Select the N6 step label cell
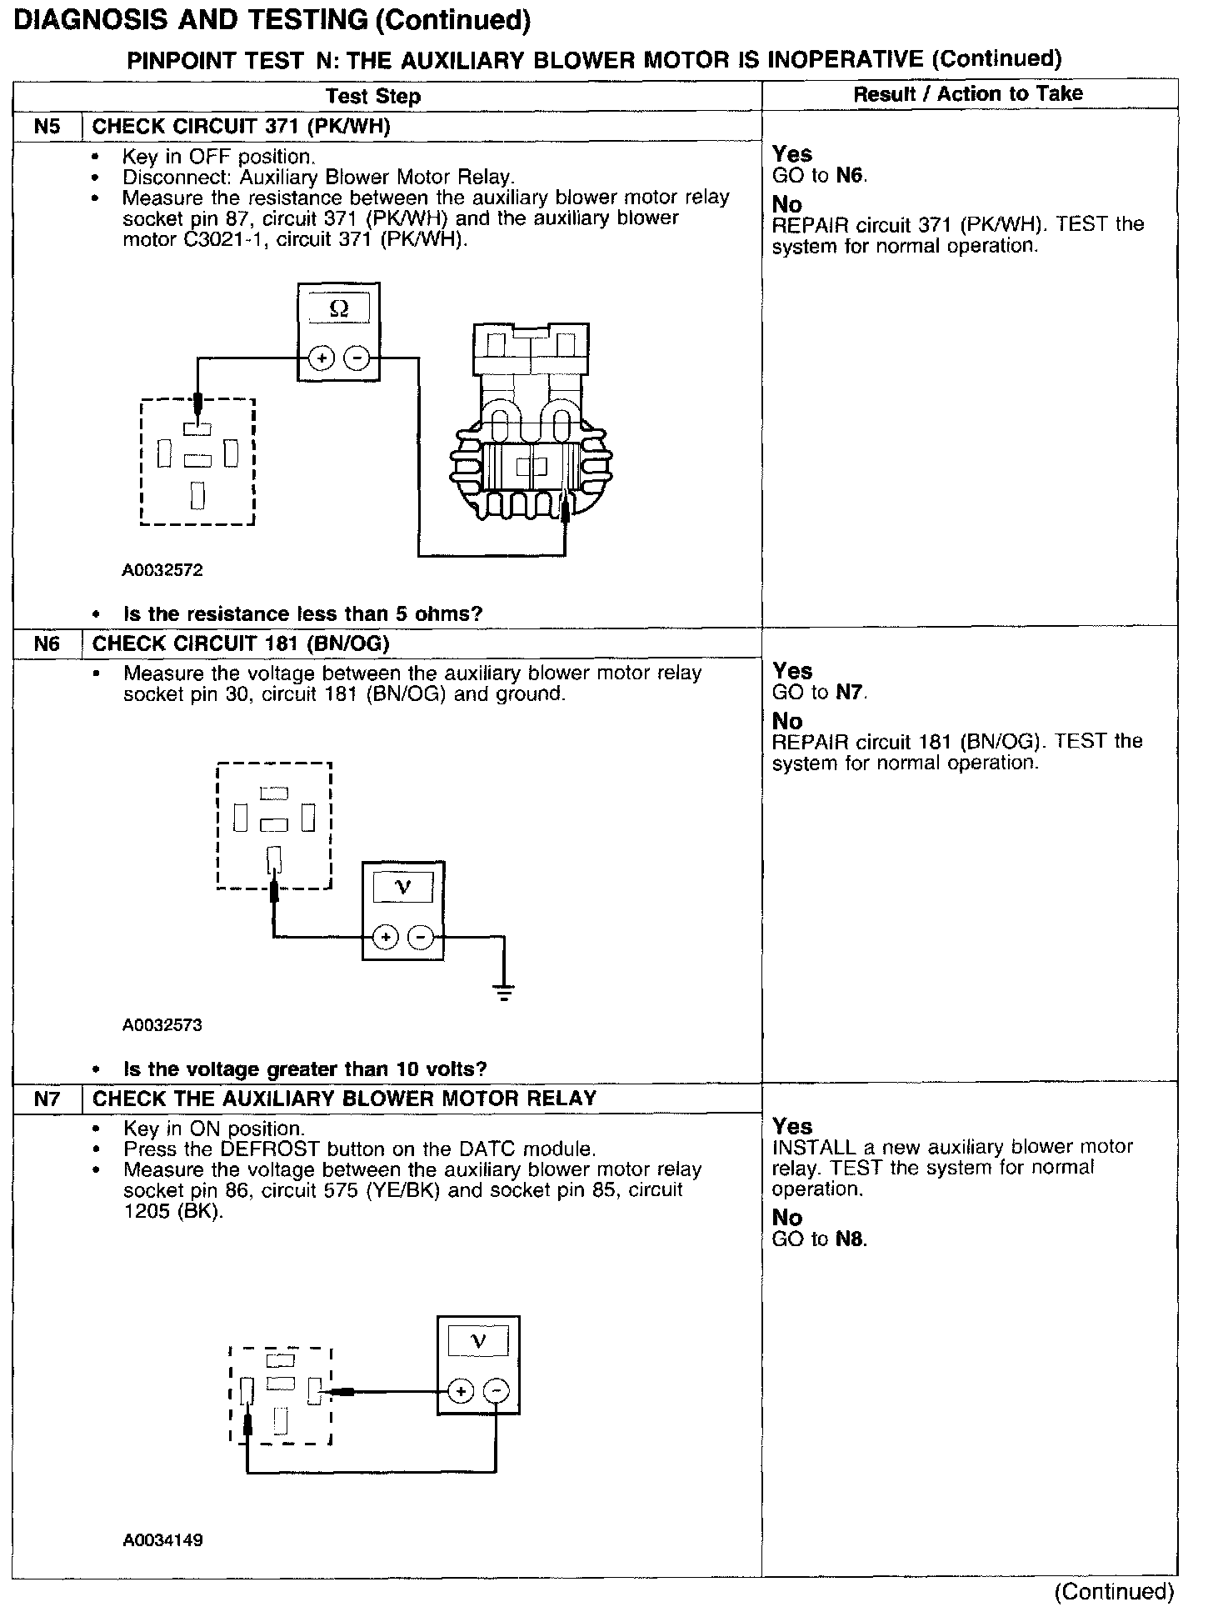pyautogui.click(x=47, y=643)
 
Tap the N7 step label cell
pyautogui.click(x=47, y=1099)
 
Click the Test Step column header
pyautogui.click(x=373, y=96)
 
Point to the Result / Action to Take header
pyautogui.click(x=968, y=94)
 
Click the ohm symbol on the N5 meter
pyautogui.click(x=338, y=308)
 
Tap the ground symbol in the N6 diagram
pyautogui.click(x=503, y=992)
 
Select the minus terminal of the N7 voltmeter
pyautogui.click(x=496, y=1391)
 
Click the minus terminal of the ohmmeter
pyautogui.click(x=357, y=358)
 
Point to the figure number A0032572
pyautogui.click(x=162, y=570)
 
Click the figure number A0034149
pyautogui.click(x=162, y=1540)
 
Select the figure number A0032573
pyautogui.click(x=162, y=1024)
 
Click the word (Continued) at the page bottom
pyautogui.click(x=1113, y=1592)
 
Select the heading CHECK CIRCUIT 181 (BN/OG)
pyautogui.click(x=241, y=643)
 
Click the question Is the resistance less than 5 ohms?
pyautogui.click(x=303, y=614)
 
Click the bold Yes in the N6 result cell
pyautogui.click(x=791, y=671)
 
